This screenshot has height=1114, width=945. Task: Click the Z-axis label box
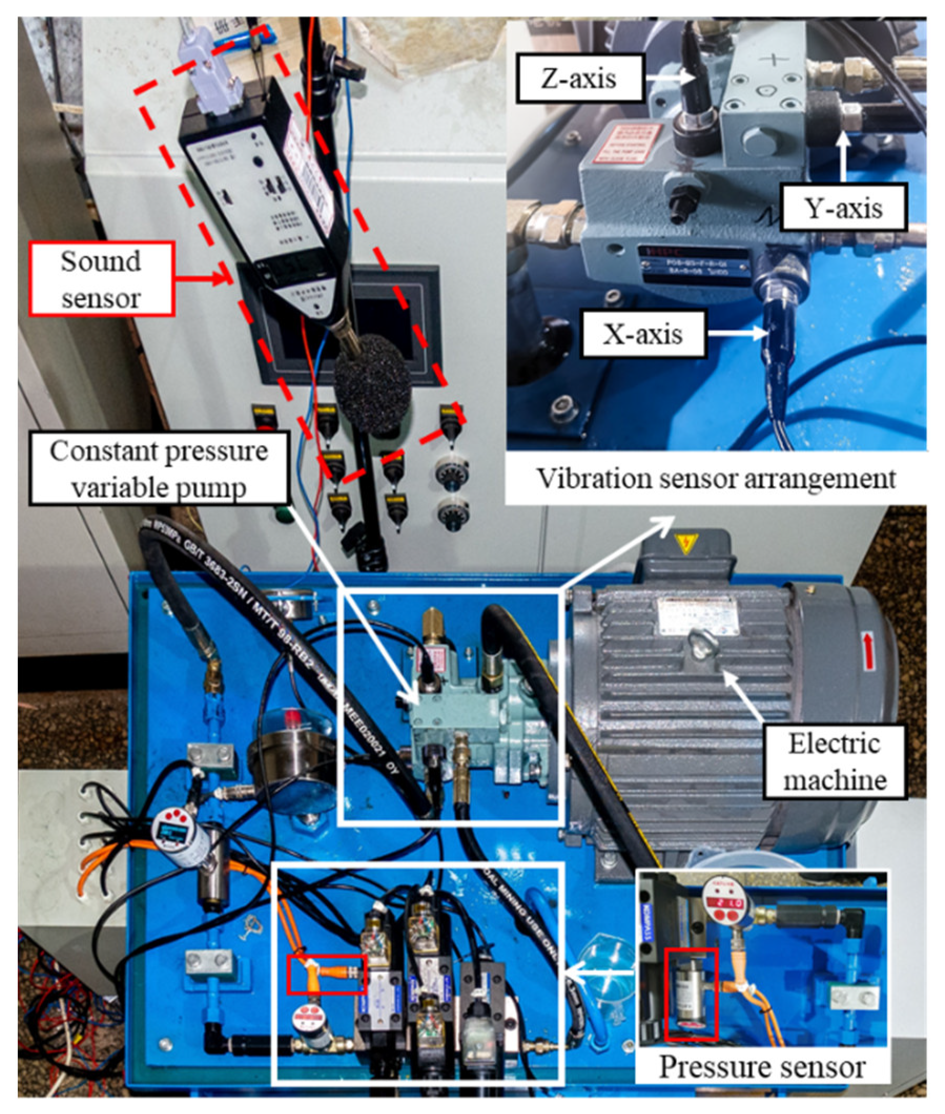(579, 78)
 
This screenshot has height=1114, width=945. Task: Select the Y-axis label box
(843, 207)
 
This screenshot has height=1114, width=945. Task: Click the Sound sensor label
(101, 278)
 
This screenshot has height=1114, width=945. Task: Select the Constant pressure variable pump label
(159, 468)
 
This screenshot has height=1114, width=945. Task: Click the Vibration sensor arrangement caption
(716, 477)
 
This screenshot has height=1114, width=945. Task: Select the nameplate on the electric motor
(691, 610)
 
